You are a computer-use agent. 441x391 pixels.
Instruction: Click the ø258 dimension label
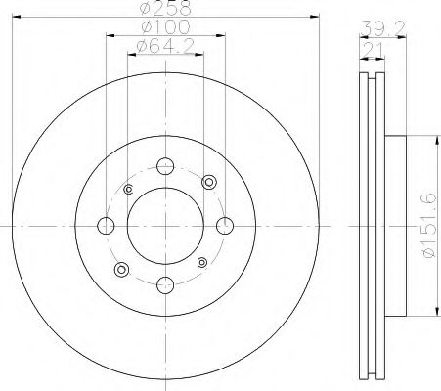(x=165, y=8)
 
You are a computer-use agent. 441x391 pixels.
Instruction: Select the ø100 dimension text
(x=165, y=26)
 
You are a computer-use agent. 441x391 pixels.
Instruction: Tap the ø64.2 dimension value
(x=165, y=46)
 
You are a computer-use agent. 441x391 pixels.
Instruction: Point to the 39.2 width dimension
(x=383, y=28)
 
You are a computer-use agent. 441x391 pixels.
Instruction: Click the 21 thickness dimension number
(x=373, y=50)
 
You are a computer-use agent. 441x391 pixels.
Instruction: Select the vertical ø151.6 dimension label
(x=428, y=226)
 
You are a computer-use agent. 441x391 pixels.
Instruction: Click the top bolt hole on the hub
(x=165, y=166)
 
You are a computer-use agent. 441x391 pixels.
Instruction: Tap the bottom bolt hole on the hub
(x=165, y=285)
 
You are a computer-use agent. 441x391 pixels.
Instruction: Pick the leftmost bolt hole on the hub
(x=106, y=226)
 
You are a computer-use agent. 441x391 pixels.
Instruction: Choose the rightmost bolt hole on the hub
(x=225, y=226)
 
